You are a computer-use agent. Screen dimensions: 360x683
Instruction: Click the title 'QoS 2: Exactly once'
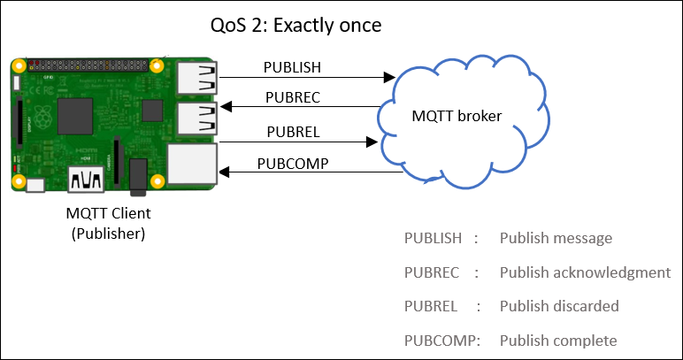[295, 26]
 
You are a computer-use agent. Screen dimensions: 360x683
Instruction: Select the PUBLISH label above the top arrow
[292, 67]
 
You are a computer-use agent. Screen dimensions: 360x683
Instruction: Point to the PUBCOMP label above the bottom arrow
[292, 163]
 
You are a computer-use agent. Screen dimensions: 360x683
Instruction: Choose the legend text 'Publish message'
[555, 238]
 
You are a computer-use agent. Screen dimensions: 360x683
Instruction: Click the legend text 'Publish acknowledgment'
[585, 272]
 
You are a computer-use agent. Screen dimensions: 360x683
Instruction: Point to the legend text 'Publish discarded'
[558, 306]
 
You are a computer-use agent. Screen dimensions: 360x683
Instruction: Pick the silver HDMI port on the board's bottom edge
[89, 179]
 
